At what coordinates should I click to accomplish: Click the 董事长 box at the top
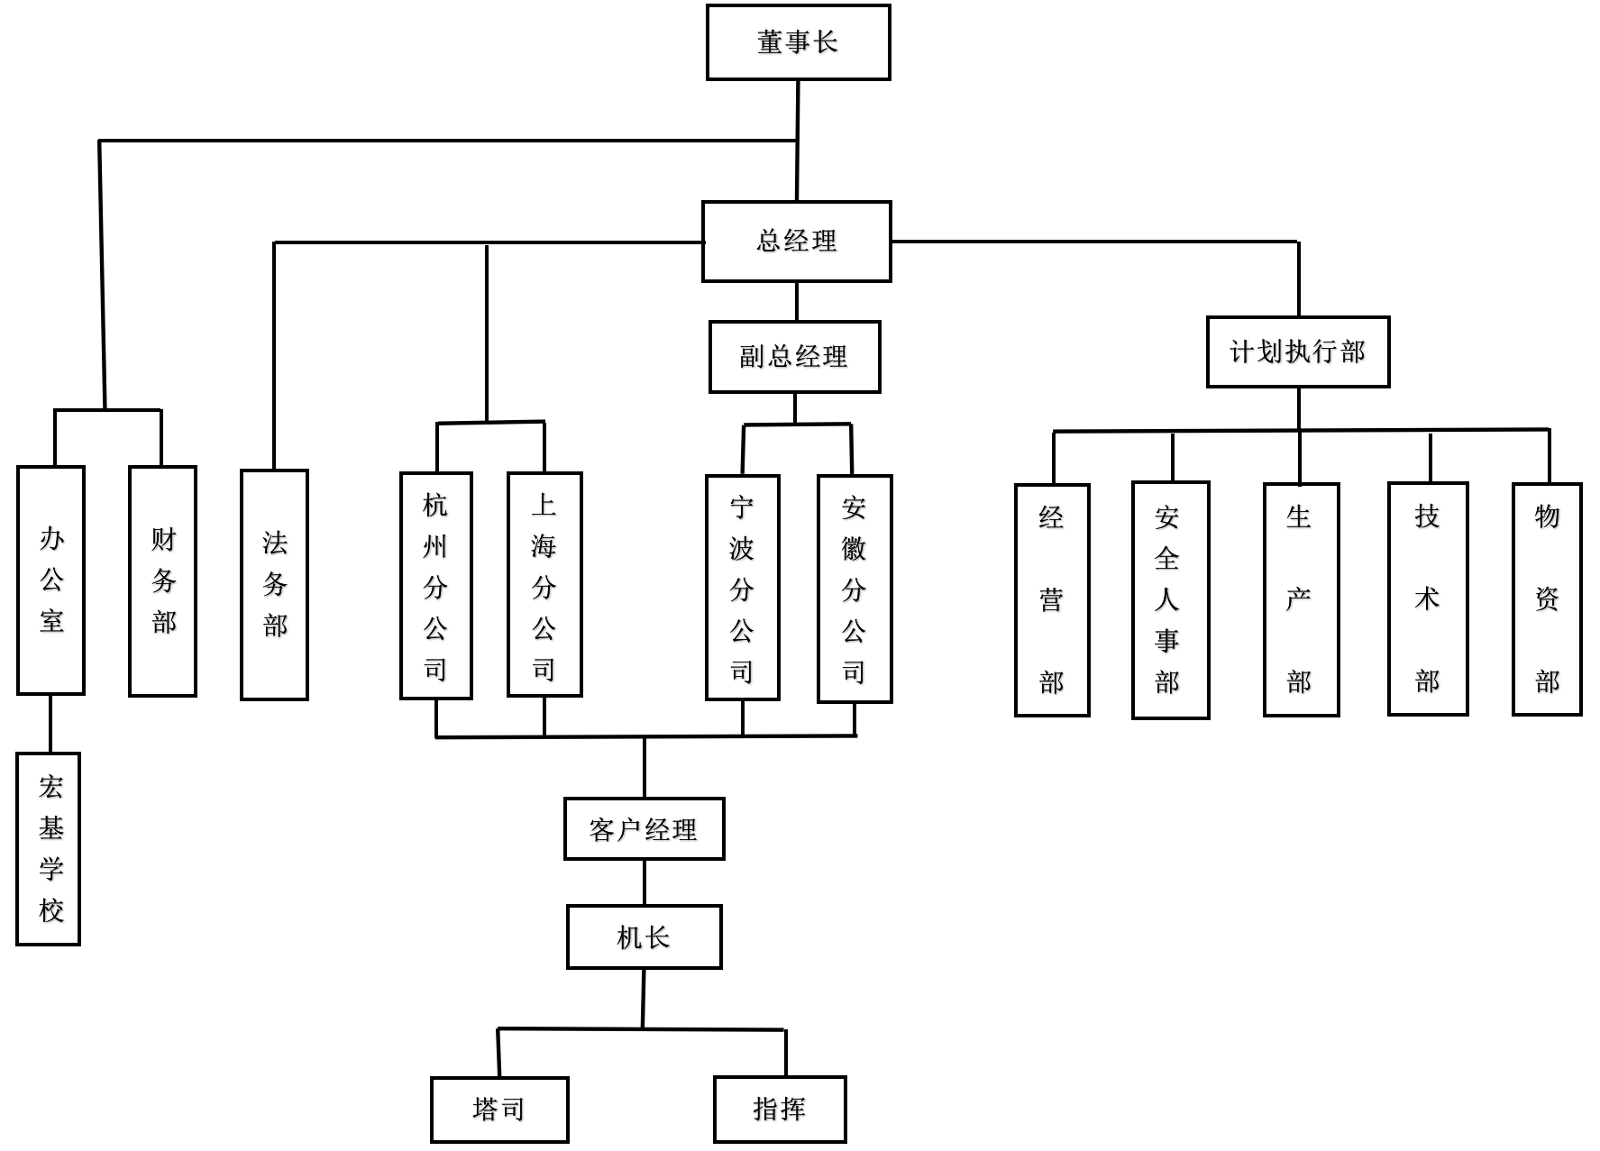click(798, 42)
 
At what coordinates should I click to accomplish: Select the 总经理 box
click(797, 242)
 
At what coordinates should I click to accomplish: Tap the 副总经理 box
click(794, 357)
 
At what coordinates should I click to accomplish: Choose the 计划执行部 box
click(1298, 352)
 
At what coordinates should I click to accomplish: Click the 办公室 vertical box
click(51, 580)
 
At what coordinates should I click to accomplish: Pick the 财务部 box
click(163, 581)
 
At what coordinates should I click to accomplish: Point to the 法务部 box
click(275, 585)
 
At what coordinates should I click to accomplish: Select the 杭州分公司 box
click(436, 586)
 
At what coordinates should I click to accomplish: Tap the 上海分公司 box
click(544, 585)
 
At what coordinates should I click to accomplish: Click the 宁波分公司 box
click(743, 588)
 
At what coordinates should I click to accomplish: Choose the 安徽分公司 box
click(855, 589)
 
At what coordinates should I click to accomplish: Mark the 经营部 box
click(1052, 600)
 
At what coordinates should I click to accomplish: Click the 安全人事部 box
click(1170, 600)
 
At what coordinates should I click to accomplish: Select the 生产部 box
click(1301, 600)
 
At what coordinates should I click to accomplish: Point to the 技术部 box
click(1428, 599)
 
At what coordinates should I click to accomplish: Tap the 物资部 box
click(1547, 599)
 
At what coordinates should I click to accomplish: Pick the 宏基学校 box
click(49, 849)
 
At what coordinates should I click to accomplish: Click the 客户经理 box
click(644, 829)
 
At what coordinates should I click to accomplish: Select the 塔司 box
click(499, 1110)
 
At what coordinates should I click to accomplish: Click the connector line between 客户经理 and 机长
click(645, 882)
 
